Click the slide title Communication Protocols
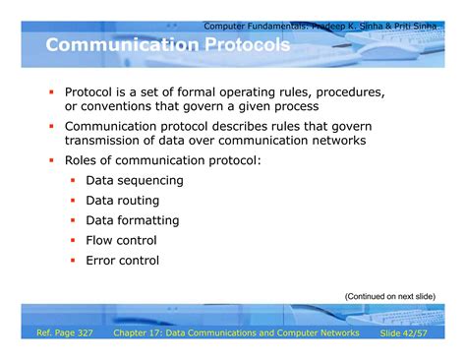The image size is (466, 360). click(168, 47)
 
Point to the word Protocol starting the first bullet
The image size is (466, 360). click(93, 90)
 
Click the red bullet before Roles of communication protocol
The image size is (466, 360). click(51, 160)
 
